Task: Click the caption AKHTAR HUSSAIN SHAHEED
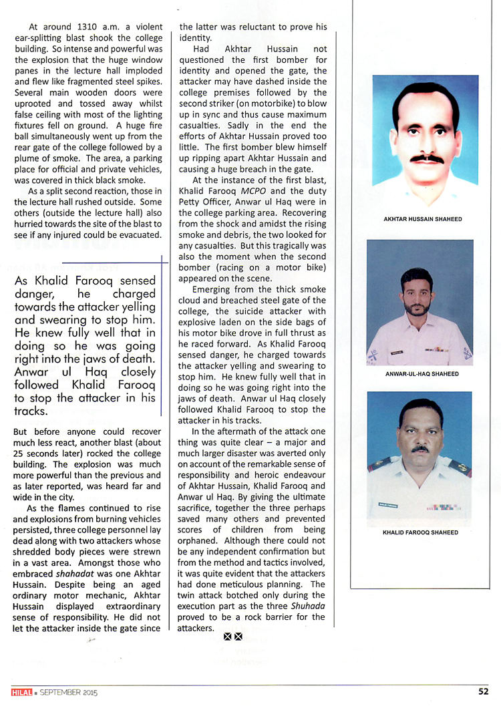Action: [422, 219]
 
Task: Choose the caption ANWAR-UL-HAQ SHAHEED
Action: [422, 374]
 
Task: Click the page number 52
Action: [483, 691]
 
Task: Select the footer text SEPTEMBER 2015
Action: [69, 693]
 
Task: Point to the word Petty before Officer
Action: [194, 201]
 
